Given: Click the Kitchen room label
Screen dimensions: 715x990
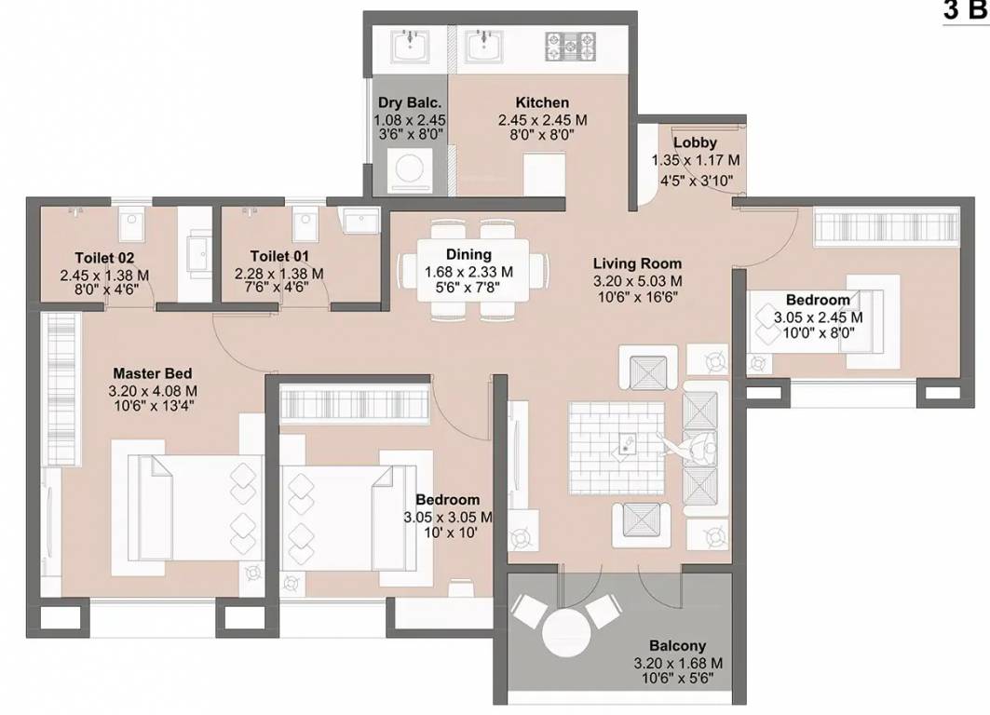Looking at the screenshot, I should tap(541, 102).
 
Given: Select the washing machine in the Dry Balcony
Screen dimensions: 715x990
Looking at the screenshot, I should tap(409, 172).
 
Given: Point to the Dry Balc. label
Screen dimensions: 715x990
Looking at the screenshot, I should tap(409, 103).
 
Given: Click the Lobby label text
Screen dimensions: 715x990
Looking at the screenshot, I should tap(695, 142).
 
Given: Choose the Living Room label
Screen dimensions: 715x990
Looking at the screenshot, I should tap(637, 263).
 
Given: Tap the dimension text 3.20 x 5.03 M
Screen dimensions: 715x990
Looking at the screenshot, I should tap(637, 280).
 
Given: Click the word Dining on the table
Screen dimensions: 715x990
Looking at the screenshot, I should tap(468, 254).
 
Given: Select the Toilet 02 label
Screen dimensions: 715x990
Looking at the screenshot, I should tap(104, 257).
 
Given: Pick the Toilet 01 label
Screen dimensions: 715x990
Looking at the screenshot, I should tap(279, 256).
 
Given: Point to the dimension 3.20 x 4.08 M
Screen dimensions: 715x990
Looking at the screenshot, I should tap(152, 390).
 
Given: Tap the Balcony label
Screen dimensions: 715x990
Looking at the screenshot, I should tap(677, 645).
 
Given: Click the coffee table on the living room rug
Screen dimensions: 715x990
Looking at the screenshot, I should tap(625, 444).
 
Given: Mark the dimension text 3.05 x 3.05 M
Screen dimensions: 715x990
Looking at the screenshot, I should tap(448, 517).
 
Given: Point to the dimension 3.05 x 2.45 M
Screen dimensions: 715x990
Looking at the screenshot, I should tap(818, 317).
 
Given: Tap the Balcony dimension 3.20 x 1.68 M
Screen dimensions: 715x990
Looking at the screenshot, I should tap(677, 663).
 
